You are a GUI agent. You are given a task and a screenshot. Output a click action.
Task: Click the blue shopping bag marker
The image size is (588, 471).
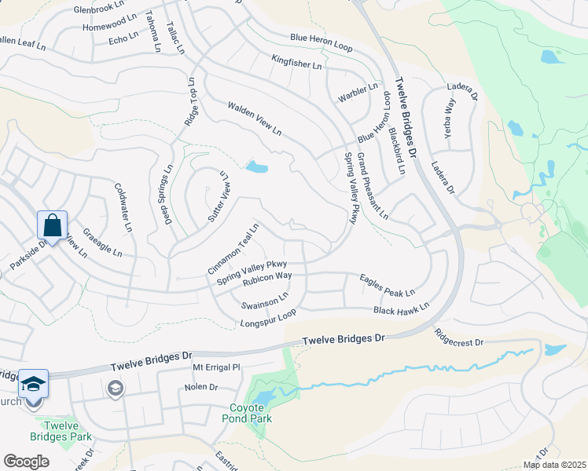tap(52, 226)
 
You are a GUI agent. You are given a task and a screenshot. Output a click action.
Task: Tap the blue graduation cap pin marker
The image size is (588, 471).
tap(33, 385)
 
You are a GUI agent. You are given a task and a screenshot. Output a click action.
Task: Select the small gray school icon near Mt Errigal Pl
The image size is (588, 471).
tap(116, 389)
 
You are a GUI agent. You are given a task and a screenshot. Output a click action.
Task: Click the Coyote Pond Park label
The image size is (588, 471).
tap(251, 413)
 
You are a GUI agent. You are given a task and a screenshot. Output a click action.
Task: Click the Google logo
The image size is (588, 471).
tap(26, 462)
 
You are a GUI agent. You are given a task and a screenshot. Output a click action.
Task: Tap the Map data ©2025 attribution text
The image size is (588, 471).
tap(554, 465)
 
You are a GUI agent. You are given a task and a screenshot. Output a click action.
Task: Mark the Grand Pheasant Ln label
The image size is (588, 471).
tap(372, 186)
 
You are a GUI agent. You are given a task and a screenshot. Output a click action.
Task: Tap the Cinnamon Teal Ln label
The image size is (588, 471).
tap(233, 250)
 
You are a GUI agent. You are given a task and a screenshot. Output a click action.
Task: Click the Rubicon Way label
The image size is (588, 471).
tap(267, 276)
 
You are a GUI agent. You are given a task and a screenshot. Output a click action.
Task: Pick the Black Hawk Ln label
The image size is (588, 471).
tap(401, 309)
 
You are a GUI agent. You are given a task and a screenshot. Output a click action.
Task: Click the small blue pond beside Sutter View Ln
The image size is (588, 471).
tap(256, 166)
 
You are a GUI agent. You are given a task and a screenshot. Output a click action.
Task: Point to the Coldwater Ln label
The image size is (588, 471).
tap(123, 208)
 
